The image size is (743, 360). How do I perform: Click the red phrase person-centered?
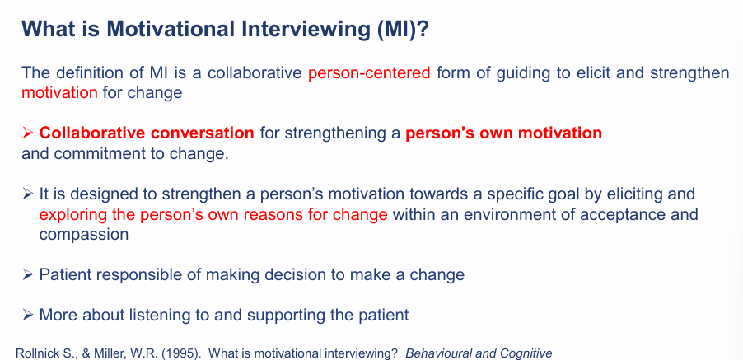369,72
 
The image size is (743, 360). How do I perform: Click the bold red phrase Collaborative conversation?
147,133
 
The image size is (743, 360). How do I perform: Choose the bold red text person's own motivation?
503,133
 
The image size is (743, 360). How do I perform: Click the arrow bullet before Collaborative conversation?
29,133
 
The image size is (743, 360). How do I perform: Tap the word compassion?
84,234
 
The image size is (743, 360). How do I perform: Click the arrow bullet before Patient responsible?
29,274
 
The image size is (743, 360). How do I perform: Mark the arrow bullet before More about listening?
29,315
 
